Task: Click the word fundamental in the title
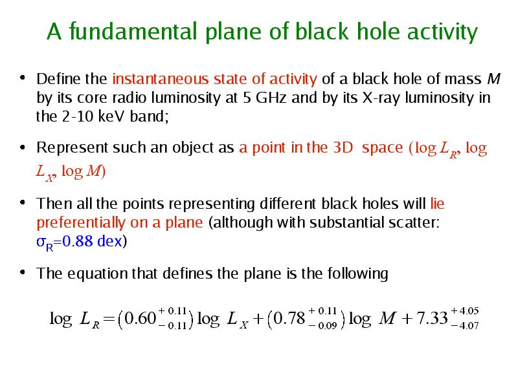pyautogui.click(x=133, y=31)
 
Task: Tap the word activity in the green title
pyautogui.click(x=442, y=32)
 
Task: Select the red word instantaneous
pyautogui.click(x=160, y=79)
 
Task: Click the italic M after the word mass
pyautogui.click(x=493, y=79)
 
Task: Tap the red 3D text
pyautogui.click(x=343, y=147)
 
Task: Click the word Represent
pyautogui.click(x=72, y=148)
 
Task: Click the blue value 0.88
pyautogui.click(x=78, y=241)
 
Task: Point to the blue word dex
pyautogui.click(x=109, y=241)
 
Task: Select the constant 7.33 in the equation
pyautogui.click(x=432, y=318)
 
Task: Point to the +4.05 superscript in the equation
pyautogui.click(x=465, y=311)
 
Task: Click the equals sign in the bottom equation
pyautogui.click(x=109, y=319)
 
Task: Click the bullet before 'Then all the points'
pyautogui.click(x=23, y=202)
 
